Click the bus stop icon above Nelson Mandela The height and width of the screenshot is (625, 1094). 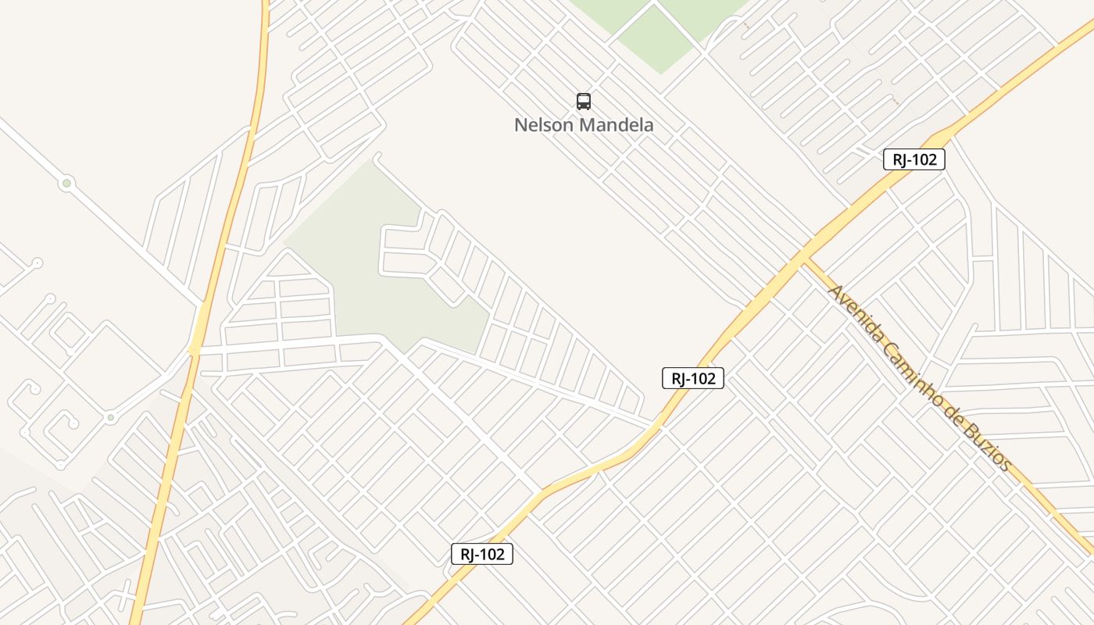(x=584, y=101)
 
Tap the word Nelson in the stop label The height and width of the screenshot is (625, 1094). (x=544, y=125)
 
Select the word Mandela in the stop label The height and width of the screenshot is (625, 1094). (x=617, y=125)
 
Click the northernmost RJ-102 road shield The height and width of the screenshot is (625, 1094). (x=914, y=159)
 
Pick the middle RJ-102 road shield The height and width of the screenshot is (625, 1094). (x=693, y=378)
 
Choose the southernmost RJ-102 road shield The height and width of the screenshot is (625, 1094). (x=482, y=554)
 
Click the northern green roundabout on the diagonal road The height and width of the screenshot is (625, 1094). (x=66, y=184)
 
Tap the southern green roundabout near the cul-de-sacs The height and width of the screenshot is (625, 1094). (x=110, y=418)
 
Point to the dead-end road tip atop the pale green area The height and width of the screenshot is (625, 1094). (x=377, y=157)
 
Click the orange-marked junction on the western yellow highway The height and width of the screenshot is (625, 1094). (x=194, y=351)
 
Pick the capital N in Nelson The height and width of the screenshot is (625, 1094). (x=520, y=125)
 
